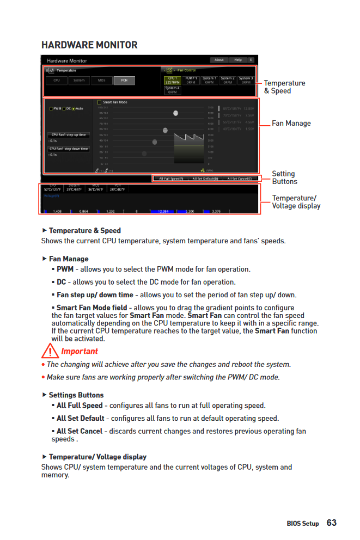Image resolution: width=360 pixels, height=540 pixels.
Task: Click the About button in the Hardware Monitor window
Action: coord(219,60)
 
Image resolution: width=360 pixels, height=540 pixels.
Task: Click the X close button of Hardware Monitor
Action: coord(251,60)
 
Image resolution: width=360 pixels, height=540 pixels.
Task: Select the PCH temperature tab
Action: coord(124,81)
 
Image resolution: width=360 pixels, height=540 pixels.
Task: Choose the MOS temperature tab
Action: coord(102,81)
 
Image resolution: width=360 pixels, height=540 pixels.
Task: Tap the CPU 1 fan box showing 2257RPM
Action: coord(173,80)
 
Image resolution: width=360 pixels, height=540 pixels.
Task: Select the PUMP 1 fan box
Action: coord(191,80)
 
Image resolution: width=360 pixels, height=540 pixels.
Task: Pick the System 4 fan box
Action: coord(172,90)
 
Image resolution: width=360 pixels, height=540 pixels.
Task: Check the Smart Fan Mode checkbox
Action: coord(99,102)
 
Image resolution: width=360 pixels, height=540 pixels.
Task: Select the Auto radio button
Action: coord(74,109)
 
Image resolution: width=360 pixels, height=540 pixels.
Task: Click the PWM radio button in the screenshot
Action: coord(51,109)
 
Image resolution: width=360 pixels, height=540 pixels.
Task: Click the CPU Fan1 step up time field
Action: coord(69,134)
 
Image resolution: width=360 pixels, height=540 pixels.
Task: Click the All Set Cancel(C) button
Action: coord(239,179)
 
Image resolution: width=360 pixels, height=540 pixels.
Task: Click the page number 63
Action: coord(332,523)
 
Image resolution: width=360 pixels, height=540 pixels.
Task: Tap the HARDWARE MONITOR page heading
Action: coord(89,45)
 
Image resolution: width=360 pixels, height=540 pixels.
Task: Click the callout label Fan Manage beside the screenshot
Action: coord(291,124)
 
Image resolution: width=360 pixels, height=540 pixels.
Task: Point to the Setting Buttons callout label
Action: coord(284,177)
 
